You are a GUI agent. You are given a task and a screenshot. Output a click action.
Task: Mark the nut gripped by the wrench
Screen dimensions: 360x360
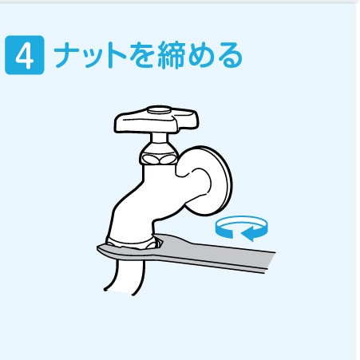click(x=130, y=241)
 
